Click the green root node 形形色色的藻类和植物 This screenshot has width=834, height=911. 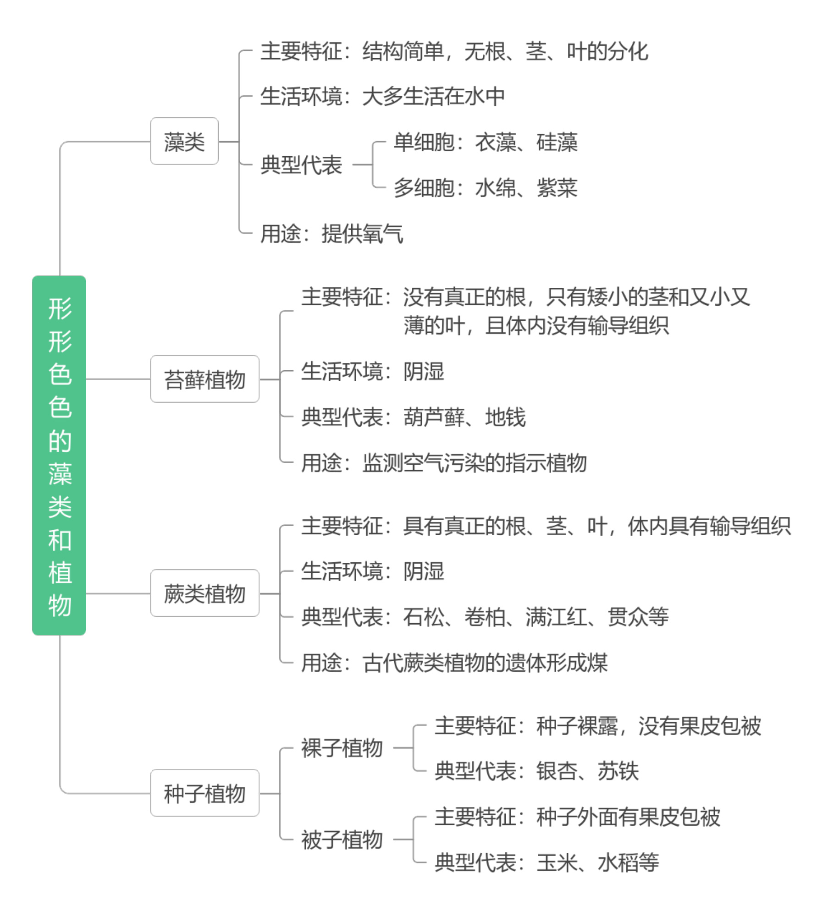click(x=59, y=455)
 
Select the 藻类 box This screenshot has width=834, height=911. click(x=184, y=141)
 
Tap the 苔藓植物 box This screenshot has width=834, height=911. click(x=205, y=379)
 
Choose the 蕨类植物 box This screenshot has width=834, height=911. click(x=205, y=593)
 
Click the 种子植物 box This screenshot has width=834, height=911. click(x=205, y=793)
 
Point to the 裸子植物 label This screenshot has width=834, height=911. click(x=342, y=748)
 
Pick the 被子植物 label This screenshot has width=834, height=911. click(x=342, y=840)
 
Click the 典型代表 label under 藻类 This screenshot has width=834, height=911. click(x=301, y=165)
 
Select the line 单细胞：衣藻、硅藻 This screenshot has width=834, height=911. click(x=486, y=142)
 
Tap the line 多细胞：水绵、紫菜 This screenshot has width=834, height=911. click(x=486, y=188)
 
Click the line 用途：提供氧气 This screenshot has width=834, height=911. click(x=332, y=234)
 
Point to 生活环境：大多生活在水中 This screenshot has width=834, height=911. click(x=383, y=97)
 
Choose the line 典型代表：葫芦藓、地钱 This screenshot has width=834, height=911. click(x=414, y=417)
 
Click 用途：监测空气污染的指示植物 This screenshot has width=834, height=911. click(x=444, y=463)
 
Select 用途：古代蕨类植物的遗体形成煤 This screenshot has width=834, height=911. click(x=454, y=663)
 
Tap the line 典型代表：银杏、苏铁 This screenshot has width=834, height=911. click(x=537, y=771)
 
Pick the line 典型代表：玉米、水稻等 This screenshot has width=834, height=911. click(x=547, y=862)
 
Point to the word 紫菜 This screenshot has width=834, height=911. click(x=557, y=188)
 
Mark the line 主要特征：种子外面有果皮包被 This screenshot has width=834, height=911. click(x=578, y=817)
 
